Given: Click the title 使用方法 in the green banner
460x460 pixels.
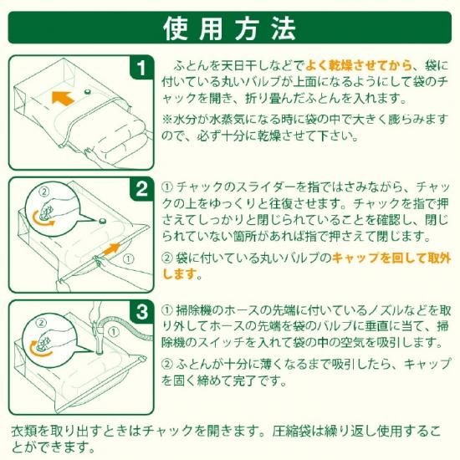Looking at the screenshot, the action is coord(230,28).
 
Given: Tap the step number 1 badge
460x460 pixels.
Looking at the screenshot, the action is coord(142,68).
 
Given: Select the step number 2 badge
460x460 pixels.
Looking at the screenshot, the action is coord(142,189).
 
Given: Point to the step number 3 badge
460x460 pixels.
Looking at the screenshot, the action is coord(142,312).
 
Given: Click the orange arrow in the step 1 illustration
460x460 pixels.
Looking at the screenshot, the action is coord(63,98).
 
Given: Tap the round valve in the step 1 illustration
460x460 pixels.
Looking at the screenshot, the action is coord(88,91).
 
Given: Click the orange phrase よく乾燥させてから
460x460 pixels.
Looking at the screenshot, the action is coord(358,66).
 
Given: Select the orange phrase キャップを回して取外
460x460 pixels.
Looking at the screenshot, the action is coord(391,258).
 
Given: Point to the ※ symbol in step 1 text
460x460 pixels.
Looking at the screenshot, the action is coord(167,120).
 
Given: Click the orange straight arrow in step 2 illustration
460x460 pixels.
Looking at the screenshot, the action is coord(112,249).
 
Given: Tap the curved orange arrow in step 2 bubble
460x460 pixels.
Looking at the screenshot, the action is coord(43,219).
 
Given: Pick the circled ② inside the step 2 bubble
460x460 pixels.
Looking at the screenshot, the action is coord(44,192).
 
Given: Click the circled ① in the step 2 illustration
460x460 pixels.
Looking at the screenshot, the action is coord(128,259).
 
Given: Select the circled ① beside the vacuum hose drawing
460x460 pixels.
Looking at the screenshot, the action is coord(113,332).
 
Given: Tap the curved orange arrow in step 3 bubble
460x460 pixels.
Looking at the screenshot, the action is coord(39,348).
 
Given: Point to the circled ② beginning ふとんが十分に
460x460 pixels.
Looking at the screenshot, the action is coord(167,364).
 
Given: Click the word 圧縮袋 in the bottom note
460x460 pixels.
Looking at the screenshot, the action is coord(289,432).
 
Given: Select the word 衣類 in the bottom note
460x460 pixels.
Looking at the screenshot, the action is coord(23,432).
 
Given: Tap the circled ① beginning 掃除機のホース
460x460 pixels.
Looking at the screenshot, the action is coord(167,310).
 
